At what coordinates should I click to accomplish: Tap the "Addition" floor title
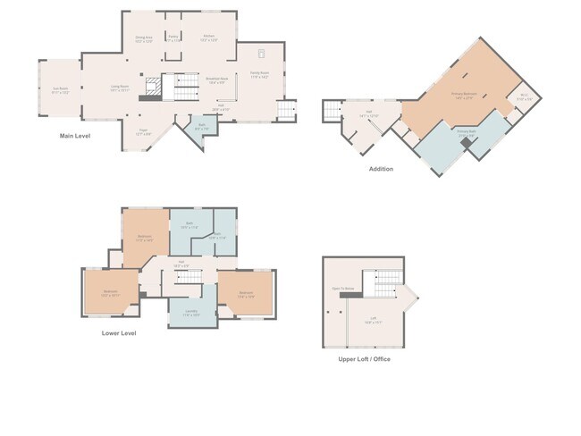coord(381,168)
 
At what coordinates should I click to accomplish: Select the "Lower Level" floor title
coord(119,333)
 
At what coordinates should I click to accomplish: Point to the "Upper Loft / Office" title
coord(364,359)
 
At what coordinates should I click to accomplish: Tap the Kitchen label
coord(208,38)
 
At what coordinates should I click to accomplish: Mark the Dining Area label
coord(144,38)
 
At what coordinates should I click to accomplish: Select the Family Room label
coord(259,76)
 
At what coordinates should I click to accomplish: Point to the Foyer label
coord(143,132)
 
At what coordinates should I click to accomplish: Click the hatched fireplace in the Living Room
coord(153,88)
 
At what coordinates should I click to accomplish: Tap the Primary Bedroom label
coord(462,95)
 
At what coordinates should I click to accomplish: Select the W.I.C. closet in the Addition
coord(525,98)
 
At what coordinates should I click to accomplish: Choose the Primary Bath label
coord(466,131)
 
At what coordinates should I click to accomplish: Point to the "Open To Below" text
coord(343,289)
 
